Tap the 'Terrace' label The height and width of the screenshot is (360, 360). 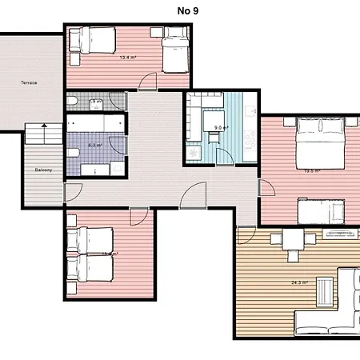coord(30,82)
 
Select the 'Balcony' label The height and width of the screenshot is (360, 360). coord(43,170)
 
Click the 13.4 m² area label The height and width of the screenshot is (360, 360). coord(128,58)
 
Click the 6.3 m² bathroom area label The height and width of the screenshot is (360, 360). coord(94,146)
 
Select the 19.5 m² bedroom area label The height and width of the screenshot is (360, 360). coord(312,170)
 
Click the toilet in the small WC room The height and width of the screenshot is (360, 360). coord(74,102)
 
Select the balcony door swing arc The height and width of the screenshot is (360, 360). coord(73,192)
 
